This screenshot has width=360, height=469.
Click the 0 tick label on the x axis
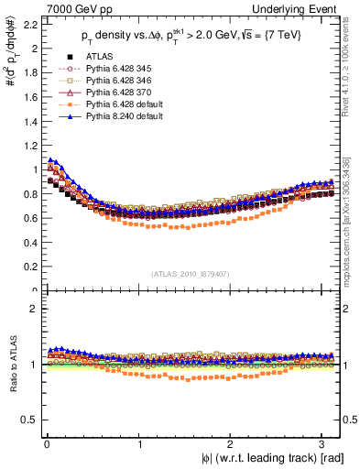[x=46, y=444]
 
